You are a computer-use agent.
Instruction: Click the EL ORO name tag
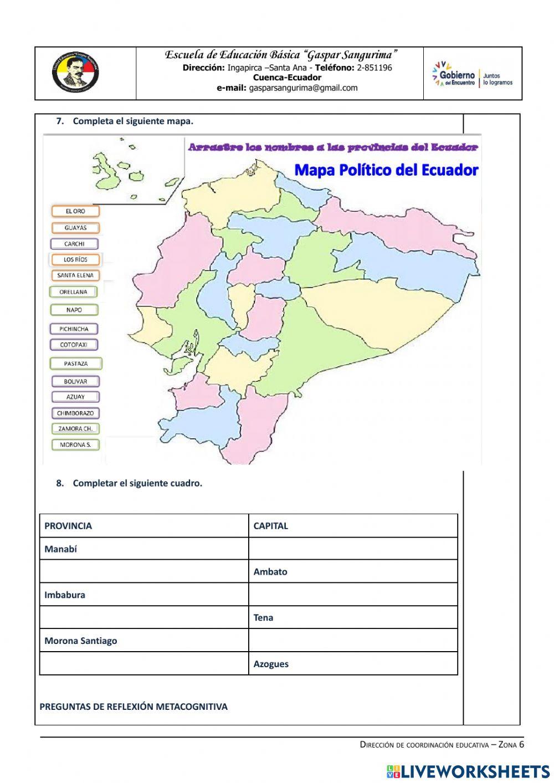tap(75, 211)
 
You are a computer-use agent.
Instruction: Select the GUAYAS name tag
tap(75, 228)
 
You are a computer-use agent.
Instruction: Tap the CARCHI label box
tap(74, 244)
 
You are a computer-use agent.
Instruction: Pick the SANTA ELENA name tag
tap(75, 275)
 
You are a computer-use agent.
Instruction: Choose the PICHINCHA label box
tap(74, 329)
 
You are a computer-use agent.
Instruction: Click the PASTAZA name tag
tap(75, 364)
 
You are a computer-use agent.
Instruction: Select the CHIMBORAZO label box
tap(75, 413)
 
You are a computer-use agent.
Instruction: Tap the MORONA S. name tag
tap(75, 445)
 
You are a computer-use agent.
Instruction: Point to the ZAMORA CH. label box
tap(75, 429)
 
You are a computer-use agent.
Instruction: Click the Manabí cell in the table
tap(143, 549)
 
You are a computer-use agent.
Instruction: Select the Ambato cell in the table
tap(352, 572)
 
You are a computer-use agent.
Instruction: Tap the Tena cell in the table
tap(352, 617)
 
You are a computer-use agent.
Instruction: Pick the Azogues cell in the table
tap(352, 664)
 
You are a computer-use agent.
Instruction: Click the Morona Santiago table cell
tap(143, 641)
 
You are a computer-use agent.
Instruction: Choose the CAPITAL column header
tap(352, 526)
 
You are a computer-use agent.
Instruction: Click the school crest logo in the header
tap(75, 73)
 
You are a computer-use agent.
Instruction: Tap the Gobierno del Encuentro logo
tap(473, 74)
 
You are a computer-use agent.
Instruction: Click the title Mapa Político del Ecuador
tap(386, 170)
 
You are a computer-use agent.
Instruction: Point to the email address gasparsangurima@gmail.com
tap(303, 88)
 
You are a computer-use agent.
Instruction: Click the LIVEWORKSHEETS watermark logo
tap(468, 771)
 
